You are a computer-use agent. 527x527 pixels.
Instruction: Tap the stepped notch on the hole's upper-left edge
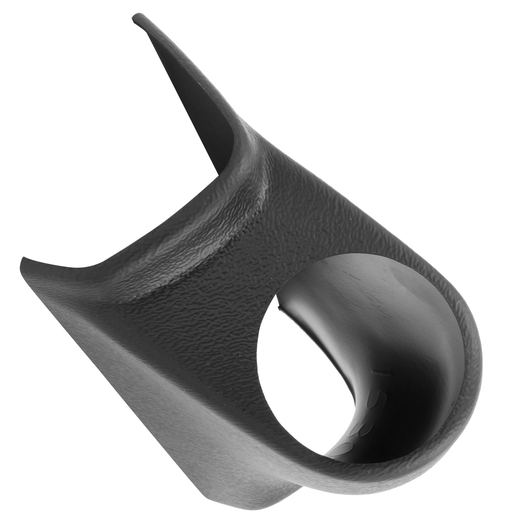(x=279, y=305)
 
